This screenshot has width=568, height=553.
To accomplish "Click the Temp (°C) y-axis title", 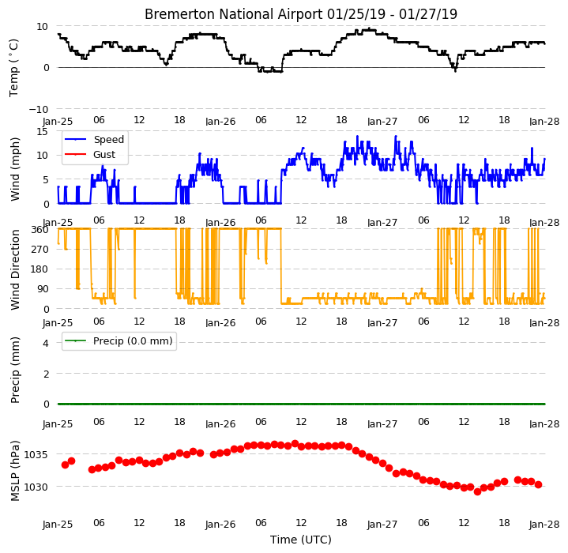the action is click(x=13, y=68).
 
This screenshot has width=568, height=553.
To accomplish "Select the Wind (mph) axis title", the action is click(x=14, y=169).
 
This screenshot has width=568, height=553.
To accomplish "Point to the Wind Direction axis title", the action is click(x=15, y=270).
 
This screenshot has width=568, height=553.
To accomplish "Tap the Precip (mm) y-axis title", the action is click(x=14, y=371).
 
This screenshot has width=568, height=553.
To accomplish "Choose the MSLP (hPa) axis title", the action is click(x=14, y=471).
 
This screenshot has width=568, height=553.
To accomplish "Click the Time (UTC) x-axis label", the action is click(x=301, y=540).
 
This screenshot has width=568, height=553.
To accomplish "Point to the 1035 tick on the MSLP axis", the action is click(x=36, y=454).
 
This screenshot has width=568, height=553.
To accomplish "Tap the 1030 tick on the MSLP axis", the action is click(x=36, y=487).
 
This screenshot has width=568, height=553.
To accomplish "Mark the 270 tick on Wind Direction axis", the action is click(x=39, y=249).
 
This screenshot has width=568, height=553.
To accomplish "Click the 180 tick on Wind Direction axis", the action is click(x=39, y=269).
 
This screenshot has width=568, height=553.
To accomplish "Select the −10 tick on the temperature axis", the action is click(x=39, y=109).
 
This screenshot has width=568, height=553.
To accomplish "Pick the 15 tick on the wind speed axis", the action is click(x=43, y=131).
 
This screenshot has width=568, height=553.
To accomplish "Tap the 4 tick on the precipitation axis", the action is click(x=46, y=343).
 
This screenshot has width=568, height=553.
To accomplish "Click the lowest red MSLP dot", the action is click(x=477, y=491).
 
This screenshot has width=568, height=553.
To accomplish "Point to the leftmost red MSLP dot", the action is click(x=66, y=465).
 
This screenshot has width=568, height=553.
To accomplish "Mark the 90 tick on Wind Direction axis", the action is click(x=43, y=289).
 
